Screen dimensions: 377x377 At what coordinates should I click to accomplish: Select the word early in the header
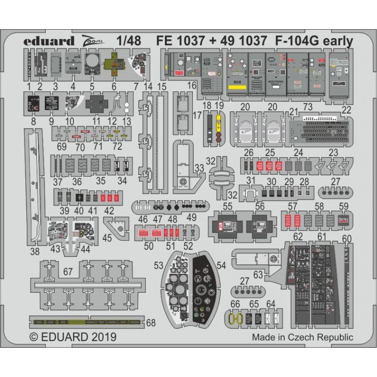pyautogui.click(x=336, y=41)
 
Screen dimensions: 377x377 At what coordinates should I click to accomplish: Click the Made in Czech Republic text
pyautogui.click(x=302, y=337)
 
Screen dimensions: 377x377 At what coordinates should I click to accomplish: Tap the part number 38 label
pyautogui.click(x=34, y=252)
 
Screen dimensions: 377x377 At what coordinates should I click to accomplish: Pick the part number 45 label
pyautogui.click(x=107, y=238)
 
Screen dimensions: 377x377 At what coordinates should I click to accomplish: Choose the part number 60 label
pyautogui.click(x=347, y=238)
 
